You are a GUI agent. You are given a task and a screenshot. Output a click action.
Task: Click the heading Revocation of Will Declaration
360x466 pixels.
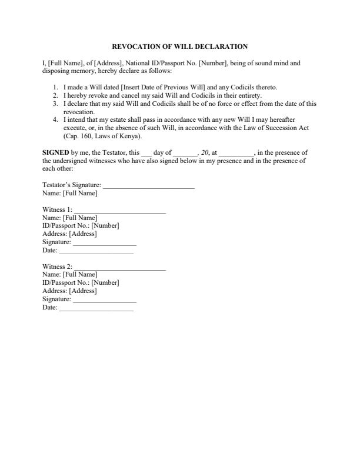pos(179,46)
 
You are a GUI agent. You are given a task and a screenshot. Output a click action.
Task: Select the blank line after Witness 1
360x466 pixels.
pos(120,210)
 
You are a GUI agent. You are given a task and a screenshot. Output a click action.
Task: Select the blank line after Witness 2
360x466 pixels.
pos(120,267)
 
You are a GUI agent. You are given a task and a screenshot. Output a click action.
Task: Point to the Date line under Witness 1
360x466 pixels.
pos(96,251)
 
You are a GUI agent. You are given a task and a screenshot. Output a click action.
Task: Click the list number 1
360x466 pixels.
pos(55,87)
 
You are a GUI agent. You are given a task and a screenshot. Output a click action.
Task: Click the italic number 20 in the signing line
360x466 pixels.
pos(205,152)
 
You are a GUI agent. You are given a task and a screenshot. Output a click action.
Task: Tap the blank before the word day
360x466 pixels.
pos(146,153)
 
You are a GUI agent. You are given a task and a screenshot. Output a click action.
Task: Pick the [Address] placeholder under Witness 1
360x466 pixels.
pos(83,234)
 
